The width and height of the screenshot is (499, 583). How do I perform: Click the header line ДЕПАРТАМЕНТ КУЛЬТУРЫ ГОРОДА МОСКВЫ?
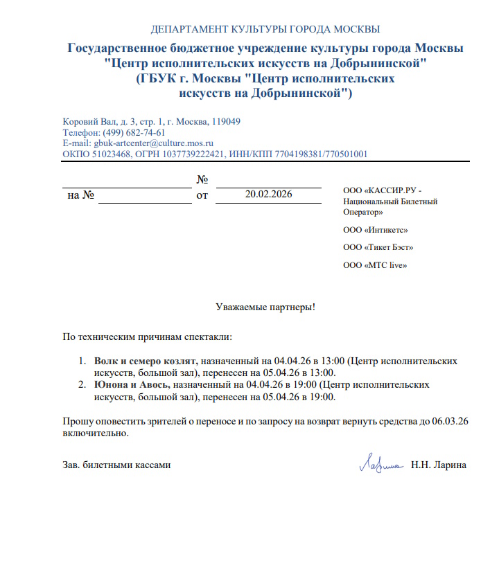tap(265, 29)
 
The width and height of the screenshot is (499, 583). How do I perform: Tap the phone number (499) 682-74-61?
tap(134, 132)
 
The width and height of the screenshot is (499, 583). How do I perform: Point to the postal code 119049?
tap(226, 121)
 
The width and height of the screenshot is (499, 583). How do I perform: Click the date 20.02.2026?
tap(269, 195)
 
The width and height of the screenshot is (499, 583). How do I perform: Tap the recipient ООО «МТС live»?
tap(375, 265)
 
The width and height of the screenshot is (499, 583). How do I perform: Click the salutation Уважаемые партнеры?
tap(265, 305)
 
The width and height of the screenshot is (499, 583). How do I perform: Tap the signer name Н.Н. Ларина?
tap(439, 465)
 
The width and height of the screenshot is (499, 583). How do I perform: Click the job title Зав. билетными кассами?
tap(116, 465)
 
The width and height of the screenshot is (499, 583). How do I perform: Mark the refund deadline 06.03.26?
tap(451, 421)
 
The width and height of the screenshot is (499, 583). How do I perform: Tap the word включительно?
tap(95, 433)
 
